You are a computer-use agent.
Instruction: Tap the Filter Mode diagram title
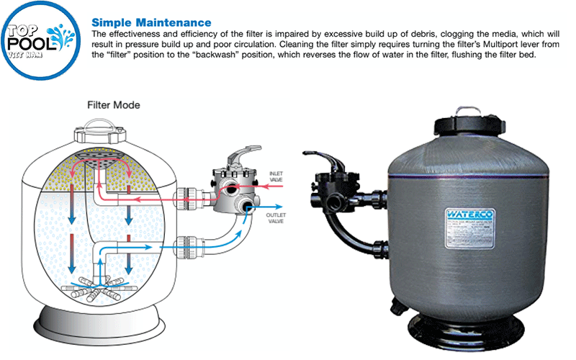pyautogui.click(x=113, y=105)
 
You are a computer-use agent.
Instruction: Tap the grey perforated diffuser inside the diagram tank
pyautogui.click(x=105, y=158)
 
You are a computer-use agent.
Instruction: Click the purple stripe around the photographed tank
pyautogui.click(x=468, y=178)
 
